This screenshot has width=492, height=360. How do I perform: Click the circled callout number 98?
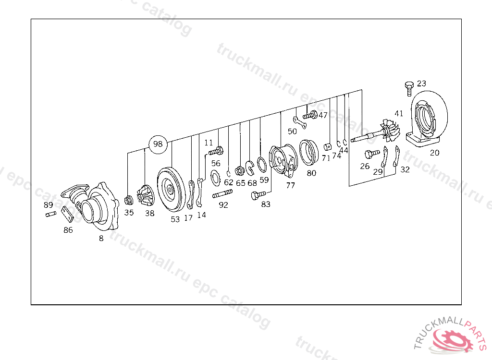pos(158,144)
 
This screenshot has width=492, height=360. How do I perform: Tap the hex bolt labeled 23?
pos(409,89)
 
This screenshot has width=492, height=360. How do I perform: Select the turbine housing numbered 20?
pos(427,119)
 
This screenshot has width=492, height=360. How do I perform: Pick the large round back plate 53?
pos(172,190)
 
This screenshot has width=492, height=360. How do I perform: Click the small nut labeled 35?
pos(128,200)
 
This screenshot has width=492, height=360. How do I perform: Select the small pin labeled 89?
pos(51,214)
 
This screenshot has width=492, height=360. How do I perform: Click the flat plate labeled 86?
pos(67,214)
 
